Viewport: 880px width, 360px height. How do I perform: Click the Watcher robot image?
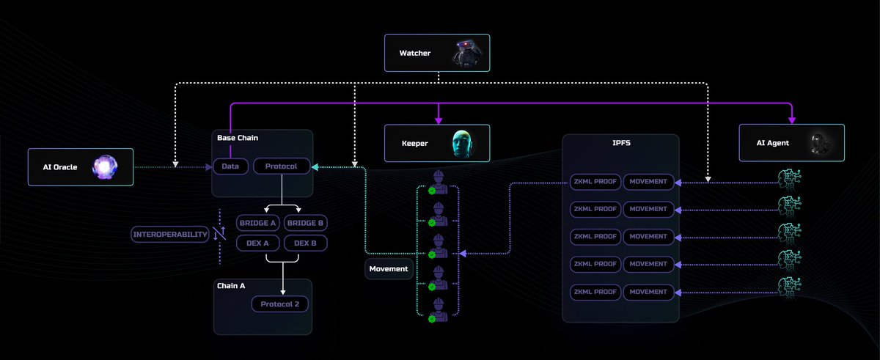click(x=466, y=53)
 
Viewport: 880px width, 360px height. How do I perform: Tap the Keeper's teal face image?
click(x=462, y=144)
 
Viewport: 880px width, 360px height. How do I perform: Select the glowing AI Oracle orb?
click(x=104, y=167)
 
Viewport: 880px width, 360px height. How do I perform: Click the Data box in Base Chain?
click(x=230, y=166)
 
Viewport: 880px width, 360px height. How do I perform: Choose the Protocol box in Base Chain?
click(x=282, y=166)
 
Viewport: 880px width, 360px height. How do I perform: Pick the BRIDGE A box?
click(x=257, y=223)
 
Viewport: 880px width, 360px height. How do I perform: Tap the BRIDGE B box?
click(x=305, y=223)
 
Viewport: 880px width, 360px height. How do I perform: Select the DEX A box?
click(x=257, y=243)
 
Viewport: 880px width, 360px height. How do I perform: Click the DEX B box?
click(x=305, y=243)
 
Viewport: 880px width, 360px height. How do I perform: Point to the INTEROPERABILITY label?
click(x=170, y=235)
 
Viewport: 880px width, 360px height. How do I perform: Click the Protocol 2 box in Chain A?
click(x=279, y=304)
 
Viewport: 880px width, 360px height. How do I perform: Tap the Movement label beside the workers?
click(x=389, y=269)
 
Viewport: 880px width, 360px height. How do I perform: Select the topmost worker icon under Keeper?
click(x=438, y=183)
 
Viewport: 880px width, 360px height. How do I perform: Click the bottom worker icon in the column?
click(x=438, y=310)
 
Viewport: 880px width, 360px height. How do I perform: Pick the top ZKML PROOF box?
click(x=595, y=182)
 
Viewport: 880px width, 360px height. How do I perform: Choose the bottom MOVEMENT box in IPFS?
click(x=648, y=292)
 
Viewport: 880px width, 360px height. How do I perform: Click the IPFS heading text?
click(x=621, y=143)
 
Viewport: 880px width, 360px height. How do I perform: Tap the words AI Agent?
click(x=772, y=143)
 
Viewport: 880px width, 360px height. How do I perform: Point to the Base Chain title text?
click(x=238, y=138)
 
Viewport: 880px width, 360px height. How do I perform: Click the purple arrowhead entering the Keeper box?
click(x=439, y=120)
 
